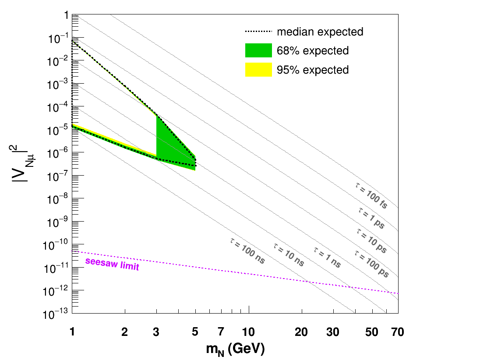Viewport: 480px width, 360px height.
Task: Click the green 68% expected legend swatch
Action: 258,50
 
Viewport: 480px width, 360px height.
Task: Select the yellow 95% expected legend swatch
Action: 258,70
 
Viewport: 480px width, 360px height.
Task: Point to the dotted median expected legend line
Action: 258,31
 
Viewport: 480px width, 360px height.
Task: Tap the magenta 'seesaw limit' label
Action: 112,264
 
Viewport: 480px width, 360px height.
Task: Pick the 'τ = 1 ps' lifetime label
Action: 372,218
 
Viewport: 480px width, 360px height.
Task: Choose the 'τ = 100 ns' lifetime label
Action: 247,251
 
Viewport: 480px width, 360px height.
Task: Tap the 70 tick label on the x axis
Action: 398,332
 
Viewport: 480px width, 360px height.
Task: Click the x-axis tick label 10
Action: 248,332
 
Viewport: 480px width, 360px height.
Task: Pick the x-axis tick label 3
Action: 156,332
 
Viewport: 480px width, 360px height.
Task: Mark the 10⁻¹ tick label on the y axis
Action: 58,38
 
